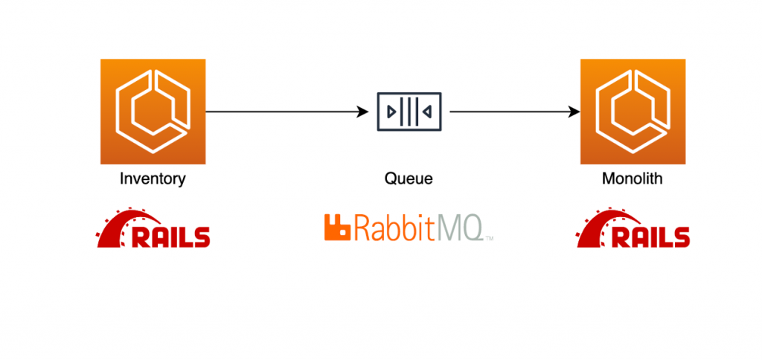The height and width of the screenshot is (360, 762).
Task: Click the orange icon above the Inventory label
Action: pyautogui.click(x=153, y=112)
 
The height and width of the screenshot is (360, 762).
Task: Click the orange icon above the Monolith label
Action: pyautogui.click(x=633, y=112)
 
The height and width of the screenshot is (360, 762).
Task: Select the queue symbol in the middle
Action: pyautogui.click(x=409, y=112)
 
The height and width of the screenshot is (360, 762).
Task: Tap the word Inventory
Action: pyautogui.click(x=153, y=179)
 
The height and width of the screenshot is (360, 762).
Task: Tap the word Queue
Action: pyautogui.click(x=408, y=179)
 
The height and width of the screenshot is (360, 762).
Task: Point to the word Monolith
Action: pyautogui.click(x=633, y=179)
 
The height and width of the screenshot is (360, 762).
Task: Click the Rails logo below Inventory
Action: pyautogui.click(x=153, y=228)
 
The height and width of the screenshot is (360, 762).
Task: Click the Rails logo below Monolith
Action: pyautogui.click(x=633, y=228)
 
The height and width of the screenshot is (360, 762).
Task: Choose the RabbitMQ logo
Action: pyautogui.click(x=408, y=228)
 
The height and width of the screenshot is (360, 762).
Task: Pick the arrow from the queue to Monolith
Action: pyautogui.click(x=513, y=112)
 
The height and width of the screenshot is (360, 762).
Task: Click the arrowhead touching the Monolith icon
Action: pyautogui.click(x=574, y=112)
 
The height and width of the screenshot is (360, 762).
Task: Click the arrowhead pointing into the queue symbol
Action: pyautogui.click(x=364, y=112)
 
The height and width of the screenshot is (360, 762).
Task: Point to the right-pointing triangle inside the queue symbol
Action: pyautogui.click(x=391, y=112)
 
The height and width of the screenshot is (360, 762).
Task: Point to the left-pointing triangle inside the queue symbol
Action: pyautogui.click(x=427, y=112)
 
